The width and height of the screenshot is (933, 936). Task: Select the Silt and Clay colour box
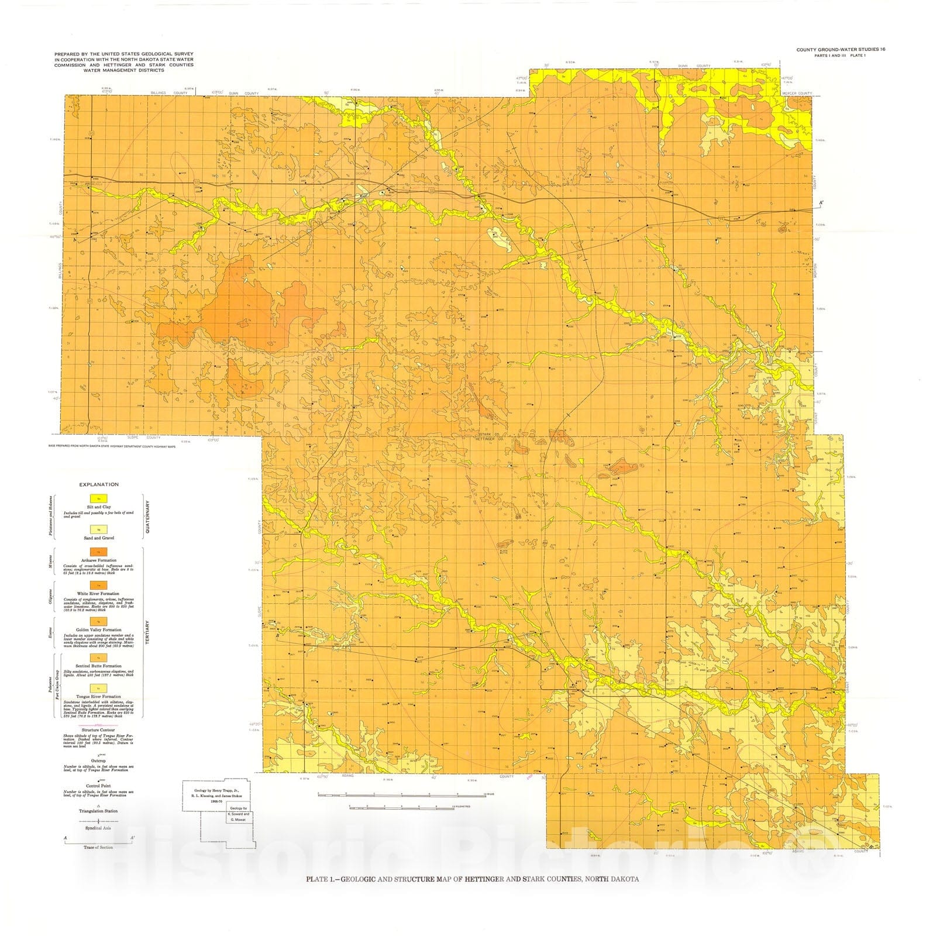[98, 498]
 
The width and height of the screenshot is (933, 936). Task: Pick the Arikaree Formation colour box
[98, 552]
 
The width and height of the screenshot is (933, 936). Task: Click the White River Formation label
[98, 593]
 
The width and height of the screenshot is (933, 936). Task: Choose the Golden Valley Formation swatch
[98, 621]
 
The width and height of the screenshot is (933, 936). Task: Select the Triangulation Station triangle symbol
[98, 805]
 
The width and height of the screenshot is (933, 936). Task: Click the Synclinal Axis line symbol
[98, 821]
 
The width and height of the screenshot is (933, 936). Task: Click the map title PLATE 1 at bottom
[473, 879]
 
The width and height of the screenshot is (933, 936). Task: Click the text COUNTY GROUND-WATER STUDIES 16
[840, 50]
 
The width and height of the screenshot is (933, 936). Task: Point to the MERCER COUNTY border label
[797, 94]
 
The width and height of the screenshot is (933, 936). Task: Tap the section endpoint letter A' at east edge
[821, 203]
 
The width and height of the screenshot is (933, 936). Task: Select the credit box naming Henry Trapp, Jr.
[215, 794]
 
